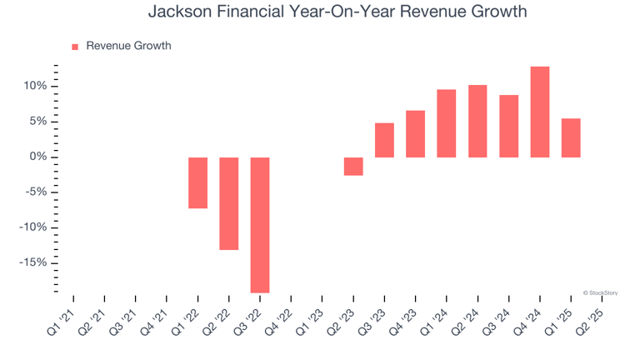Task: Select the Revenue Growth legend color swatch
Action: point(75,47)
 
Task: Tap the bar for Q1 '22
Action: point(197,182)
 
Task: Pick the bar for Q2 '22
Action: point(229,203)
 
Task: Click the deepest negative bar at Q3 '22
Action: point(260,225)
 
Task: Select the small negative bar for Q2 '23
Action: point(353,167)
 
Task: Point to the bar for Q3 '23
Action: point(384,140)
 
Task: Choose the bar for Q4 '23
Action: point(415,134)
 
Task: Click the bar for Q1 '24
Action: point(447,123)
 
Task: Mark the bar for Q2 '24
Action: point(477,121)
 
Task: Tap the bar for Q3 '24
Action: point(508,126)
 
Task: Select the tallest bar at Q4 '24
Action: point(540,112)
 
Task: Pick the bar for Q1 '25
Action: point(571,137)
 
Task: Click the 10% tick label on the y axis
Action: point(35,87)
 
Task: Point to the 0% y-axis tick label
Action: point(38,157)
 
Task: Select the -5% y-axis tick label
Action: point(36,192)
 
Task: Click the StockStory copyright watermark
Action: point(600,292)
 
